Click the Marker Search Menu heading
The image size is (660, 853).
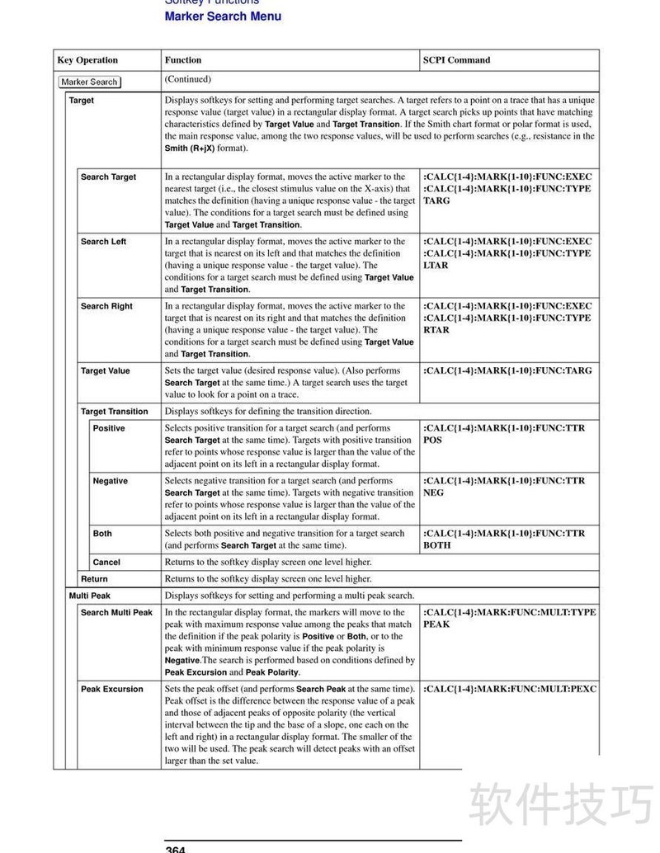point(223,16)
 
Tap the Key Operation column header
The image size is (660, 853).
point(87,60)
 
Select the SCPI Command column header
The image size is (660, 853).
point(456,60)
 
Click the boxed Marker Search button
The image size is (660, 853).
point(90,82)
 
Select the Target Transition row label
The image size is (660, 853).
point(115,412)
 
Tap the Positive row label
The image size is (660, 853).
point(109,429)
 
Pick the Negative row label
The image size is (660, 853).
point(111,481)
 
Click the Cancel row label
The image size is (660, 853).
point(106,563)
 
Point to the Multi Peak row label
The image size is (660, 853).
point(90,596)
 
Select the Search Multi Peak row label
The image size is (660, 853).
point(116,613)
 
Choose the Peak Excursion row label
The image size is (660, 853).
point(112,690)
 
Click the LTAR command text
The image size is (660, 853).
point(436,266)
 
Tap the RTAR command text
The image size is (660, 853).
point(436,330)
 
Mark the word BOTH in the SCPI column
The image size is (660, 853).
point(437,545)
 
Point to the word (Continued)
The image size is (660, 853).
point(188,79)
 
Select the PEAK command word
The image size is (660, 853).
point(436,624)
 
